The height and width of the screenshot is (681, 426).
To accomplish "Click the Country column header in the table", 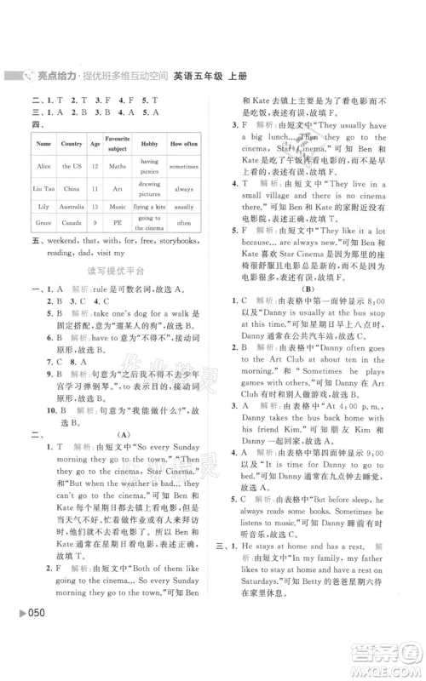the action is click(72, 144).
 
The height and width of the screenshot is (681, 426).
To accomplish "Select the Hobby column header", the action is click(150, 144).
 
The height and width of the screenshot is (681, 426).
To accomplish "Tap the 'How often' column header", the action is click(183, 144).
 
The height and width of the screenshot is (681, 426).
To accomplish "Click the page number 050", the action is click(27, 662).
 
